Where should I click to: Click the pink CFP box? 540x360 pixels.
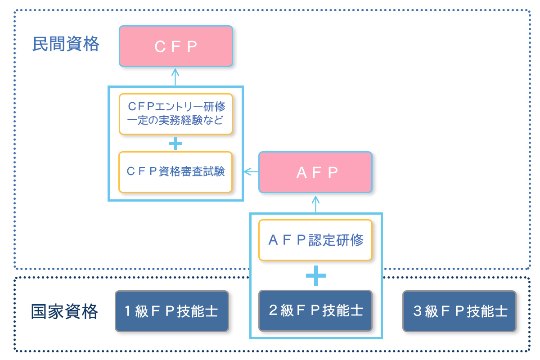tap(175, 46)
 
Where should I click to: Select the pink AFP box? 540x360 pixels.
tap(315, 172)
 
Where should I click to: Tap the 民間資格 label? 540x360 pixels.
tap(66, 44)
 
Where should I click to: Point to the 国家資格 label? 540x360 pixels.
tap(64, 311)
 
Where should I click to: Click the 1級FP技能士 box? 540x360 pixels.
tap(171, 311)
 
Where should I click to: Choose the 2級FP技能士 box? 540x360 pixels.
tap(315, 310)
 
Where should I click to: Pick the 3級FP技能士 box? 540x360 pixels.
tap(459, 311)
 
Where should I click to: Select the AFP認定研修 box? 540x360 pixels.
tap(315, 240)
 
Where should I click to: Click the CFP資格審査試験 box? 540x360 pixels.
tap(175, 172)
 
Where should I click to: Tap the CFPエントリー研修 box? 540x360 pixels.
tap(175, 107)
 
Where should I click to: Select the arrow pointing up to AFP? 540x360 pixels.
tap(315, 203)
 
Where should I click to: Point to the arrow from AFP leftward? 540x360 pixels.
tap(251, 171)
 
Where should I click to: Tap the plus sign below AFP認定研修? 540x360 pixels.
tap(315, 275)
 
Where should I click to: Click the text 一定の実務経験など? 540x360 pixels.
tap(175, 120)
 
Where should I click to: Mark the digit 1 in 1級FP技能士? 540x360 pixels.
tap(127, 311)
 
